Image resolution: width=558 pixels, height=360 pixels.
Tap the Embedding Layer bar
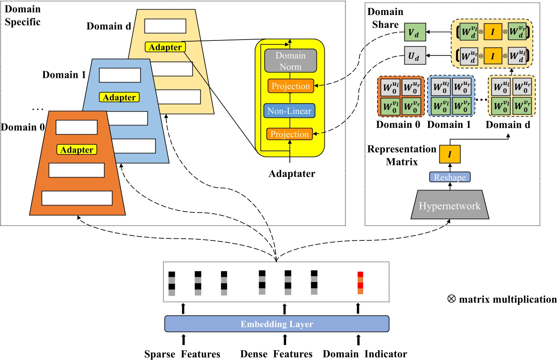pyautogui.click(x=277, y=324)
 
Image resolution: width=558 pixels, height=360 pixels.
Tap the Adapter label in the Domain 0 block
pyautogui.click(x=76, y=149)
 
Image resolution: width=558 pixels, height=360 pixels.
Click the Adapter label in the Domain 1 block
pyautogui.click(x=119, y=97)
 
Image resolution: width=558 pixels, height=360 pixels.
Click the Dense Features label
pyautogui.click(x=285, y=354)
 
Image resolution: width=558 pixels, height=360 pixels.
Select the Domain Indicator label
pyautogui.click(x=365, y=354)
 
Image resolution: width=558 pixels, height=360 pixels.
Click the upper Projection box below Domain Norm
pyautogui.click(x=291, y=86)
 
